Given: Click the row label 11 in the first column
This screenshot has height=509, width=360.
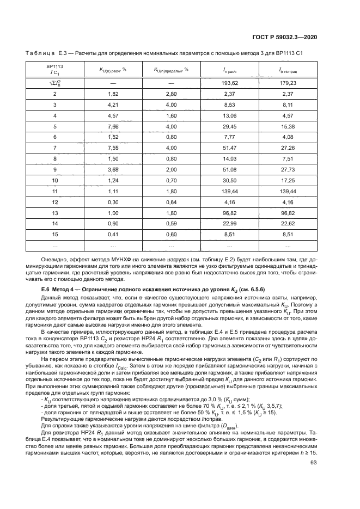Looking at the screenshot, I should coord(54,192).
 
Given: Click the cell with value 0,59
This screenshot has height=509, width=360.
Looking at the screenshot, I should coord(171,224).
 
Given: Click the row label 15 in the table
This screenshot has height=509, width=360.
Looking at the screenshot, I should coord(54,235).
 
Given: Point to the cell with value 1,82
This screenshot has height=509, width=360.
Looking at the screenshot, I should coord(113,94).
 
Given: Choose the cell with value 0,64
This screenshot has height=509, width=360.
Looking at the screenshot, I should coord(171,203).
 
